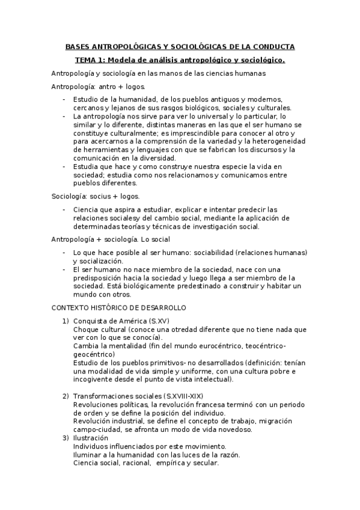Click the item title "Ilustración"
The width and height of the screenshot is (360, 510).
pyautogui.click(x=90, y=437)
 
